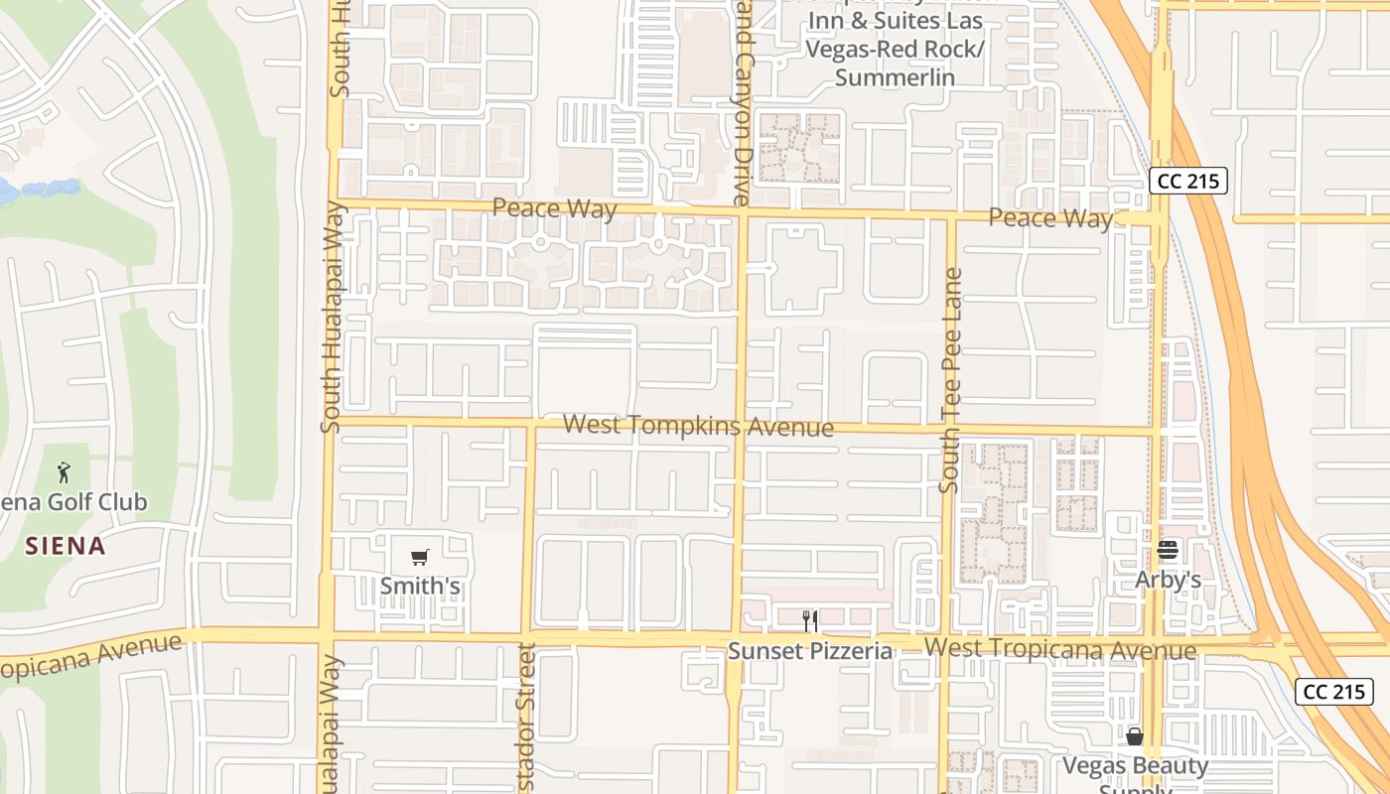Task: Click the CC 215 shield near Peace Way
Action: point(1188,182)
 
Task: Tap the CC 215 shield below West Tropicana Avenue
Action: point(1333,692)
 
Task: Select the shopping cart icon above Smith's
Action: point(419,557)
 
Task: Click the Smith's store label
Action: point(420,586)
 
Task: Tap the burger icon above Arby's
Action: point(1168,551)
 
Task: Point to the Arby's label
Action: point(1169,580)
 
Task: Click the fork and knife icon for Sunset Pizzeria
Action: point(810,621)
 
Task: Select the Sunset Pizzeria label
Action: point(810,651)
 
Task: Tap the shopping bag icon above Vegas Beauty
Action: point(1135,736)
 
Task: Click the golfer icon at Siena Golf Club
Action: point(65,471)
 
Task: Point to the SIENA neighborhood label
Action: point(66,546)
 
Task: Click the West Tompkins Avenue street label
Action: point(698,426)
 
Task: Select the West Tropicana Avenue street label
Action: point(1059,650)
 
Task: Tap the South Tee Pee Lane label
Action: point(950,380)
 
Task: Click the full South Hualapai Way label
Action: point(332,318)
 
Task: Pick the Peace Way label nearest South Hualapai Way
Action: point(554,208)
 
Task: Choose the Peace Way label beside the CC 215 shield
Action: point(1050,218)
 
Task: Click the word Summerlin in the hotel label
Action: point(895,77)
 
